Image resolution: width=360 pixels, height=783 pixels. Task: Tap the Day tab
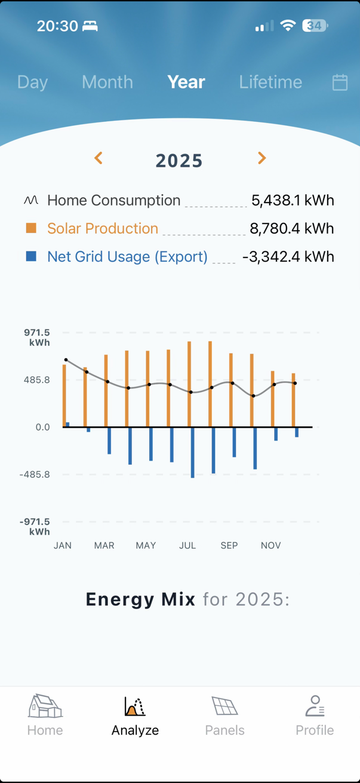tap(32, 82)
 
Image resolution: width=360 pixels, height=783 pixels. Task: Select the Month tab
tap(107, 82)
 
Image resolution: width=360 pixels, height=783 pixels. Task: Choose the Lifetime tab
tap(270, 82)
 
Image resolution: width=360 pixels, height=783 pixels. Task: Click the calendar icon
tap(340, 82)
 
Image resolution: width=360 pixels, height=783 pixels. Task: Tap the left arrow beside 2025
tap(99, 158)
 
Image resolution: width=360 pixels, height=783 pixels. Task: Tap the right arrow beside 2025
tap(261, 158)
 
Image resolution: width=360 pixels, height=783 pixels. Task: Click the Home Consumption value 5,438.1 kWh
tap(293, 201)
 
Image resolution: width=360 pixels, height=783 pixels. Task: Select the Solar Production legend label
tap(103, 229)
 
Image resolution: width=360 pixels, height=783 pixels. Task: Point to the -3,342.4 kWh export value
tap(288, 257)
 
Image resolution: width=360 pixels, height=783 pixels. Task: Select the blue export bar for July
tap(193, 452)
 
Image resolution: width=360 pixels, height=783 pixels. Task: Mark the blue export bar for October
tap(255, 448)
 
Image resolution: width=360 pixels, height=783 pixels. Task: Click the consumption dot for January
tap(66, 360)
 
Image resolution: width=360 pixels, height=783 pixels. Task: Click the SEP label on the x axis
tap(229, 545)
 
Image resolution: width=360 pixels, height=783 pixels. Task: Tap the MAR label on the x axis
tap(104, 545)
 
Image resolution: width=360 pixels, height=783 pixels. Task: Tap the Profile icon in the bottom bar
tap(315, 707)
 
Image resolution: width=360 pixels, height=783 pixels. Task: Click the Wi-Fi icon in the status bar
tap(288, 26)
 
